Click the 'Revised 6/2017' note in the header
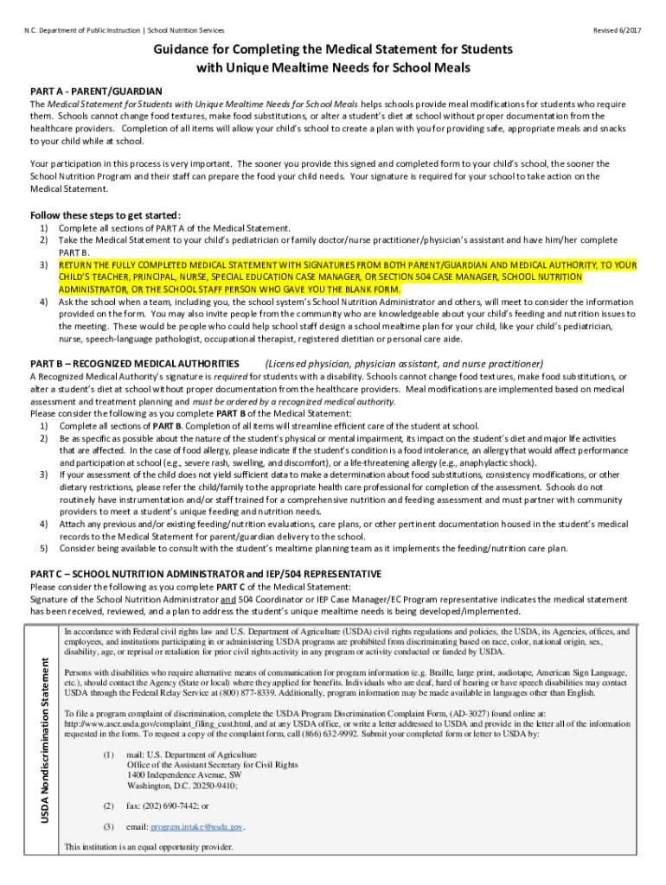point(618,30)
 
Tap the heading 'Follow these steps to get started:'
point(106,215)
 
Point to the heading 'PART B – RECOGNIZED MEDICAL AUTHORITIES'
point(135,364)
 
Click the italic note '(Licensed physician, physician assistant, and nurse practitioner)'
point(404,364)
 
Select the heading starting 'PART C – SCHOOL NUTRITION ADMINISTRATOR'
point(205,574)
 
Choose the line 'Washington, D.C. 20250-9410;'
point(182,786)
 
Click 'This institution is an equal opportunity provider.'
point(149,847)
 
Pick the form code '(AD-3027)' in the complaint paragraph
point(469,713)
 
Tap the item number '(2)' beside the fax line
point(107,805)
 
